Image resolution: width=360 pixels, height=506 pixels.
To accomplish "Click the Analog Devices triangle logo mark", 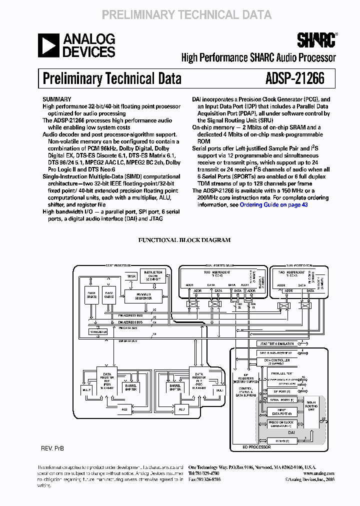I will [x=49, y=45].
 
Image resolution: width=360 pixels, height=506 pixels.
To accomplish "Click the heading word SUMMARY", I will [x=56, y=99].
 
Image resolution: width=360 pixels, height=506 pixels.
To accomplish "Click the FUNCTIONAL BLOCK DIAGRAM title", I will [x=184, y=240].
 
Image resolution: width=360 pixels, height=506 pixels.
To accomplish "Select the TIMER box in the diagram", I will [x=131, y=276].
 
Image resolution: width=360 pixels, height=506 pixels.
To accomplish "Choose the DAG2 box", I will [x=109, y=295].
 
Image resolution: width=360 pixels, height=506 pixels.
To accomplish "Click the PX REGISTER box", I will [x=98, y=331].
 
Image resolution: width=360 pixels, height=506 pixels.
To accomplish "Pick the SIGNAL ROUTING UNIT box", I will [x=311, y=405].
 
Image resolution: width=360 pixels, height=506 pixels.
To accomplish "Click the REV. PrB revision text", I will [x=52, y=448].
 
